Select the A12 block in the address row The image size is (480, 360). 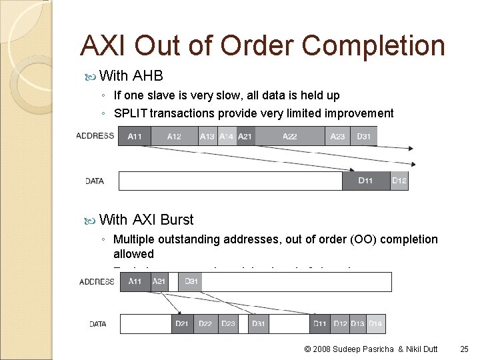tap(174, 136)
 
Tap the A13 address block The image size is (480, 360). tap(207, 136)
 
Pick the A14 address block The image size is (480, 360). tap(227, 136)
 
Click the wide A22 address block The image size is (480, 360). tap(290, 136)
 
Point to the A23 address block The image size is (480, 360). tap(338, 136)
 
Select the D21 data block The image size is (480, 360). tap(182, 324)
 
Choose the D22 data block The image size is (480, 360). tap(205, 324)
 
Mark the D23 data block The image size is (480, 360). tap(228, 324)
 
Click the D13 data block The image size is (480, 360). tap(358, 324)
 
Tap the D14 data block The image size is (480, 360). tap(376, 324)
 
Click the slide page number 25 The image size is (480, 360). tap(465, 349)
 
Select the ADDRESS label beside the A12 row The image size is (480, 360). tap(95, 136)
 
